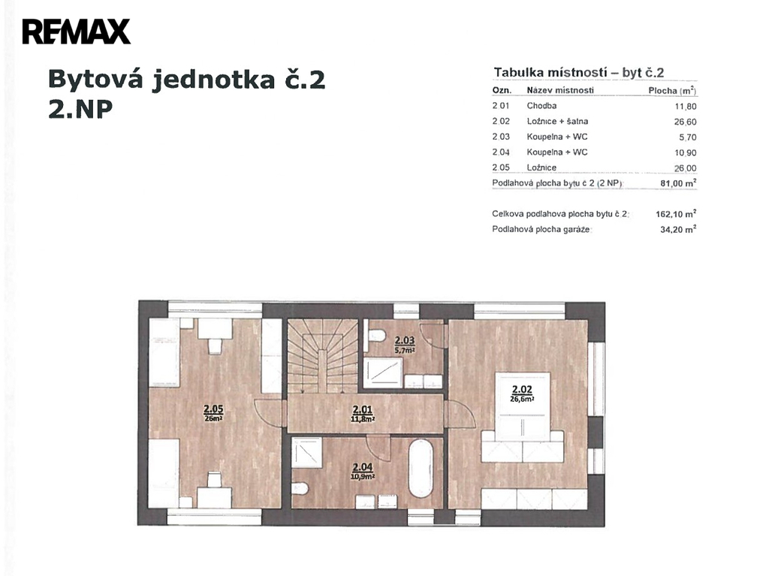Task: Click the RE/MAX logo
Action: (x=76, y=32)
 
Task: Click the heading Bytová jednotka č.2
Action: (x=187, y=80)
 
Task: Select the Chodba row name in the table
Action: (x=541, y=105)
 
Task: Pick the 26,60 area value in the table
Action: (x=685, y=122)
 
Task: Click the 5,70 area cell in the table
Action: (x=688, y=137)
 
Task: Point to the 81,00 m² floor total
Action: (x=679, y=183)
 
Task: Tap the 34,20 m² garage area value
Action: (x=679, y=229)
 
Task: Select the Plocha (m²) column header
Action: (x=672, y=90)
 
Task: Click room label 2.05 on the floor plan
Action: (x=213, y=409)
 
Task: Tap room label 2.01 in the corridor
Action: (x=363, y=409)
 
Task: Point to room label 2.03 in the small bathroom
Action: (x=405, y=340)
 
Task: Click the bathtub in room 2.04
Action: (x=421, y=469)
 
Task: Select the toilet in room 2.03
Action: (x=375, y=336)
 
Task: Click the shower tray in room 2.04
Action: (x=307, y=452)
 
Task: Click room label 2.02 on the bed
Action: (x=523, y=390)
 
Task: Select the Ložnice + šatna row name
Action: (x=557, y=121)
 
